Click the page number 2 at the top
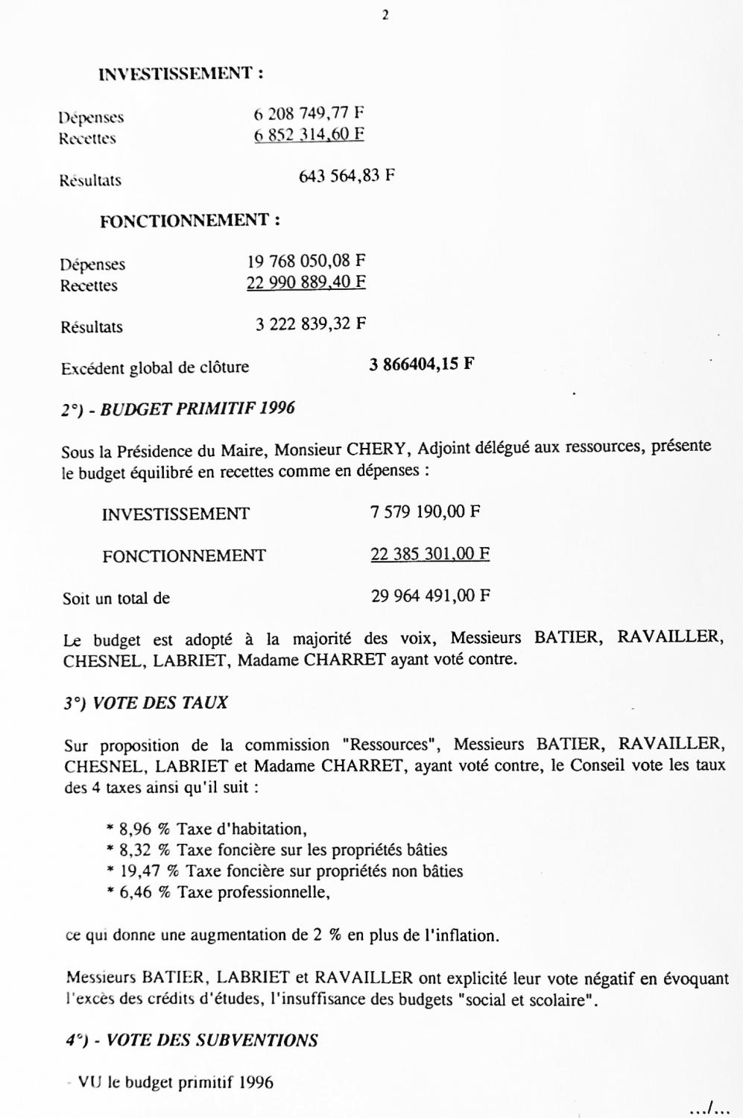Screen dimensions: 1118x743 tap(385, 15)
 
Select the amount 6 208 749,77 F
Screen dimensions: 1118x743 tap(309, 114)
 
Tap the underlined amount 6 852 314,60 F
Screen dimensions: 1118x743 tap(309, 135)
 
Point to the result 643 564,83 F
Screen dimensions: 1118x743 tap(347, 177)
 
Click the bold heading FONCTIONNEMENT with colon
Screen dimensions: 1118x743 tap(190, 221)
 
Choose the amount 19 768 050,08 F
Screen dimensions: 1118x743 tap(306, 261)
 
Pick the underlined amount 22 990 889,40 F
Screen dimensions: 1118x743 tap(306, 282)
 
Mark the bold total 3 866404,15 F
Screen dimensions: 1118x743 tap(422, 364)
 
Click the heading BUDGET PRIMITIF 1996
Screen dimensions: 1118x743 tap(197, 408)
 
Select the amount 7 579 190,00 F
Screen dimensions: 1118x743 tap(425, 512)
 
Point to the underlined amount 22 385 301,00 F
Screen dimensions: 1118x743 tap(430, 554)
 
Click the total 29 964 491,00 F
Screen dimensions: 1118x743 tap(430, 596)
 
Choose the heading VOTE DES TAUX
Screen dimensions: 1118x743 tap(160, 703)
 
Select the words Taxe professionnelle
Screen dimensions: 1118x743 tap(253, 892)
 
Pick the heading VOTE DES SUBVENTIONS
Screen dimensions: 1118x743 tap(212, 1040)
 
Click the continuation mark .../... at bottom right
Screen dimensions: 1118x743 tap(709, 1108)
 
